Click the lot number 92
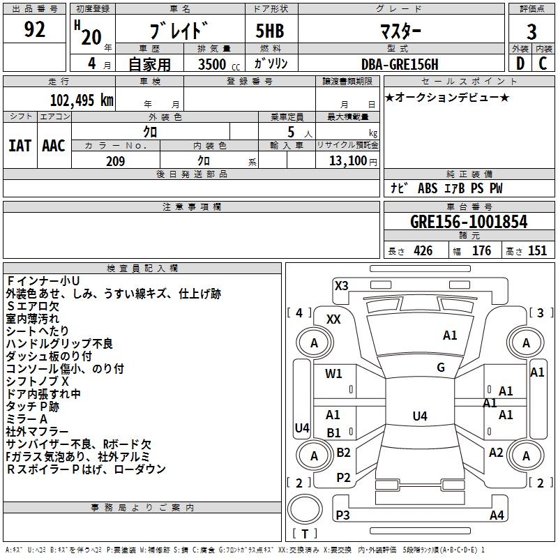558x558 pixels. [x=34, y=30]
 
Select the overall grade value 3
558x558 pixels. [x=531, y=31]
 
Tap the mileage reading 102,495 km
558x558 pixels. [x=82, y=100]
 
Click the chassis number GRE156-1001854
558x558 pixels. [x=469, y=222]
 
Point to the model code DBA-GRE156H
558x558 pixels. [x=400, y=64]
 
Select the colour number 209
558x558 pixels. [x=115, y=161]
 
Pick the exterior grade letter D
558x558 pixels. [x=520, y=63]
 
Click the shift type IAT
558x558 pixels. [x=20, y=146]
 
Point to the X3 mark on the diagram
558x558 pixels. [x=341, y=285]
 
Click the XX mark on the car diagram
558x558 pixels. [x=333, y=319]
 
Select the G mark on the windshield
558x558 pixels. [x=441, y=368]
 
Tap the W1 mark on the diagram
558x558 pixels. [x=334, y=374]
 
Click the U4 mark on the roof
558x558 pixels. [x=419, y=416]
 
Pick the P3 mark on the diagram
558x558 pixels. [x=342, y=515]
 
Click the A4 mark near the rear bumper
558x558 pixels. [x=497, y=515]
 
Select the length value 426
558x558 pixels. [x=423, y=251]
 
